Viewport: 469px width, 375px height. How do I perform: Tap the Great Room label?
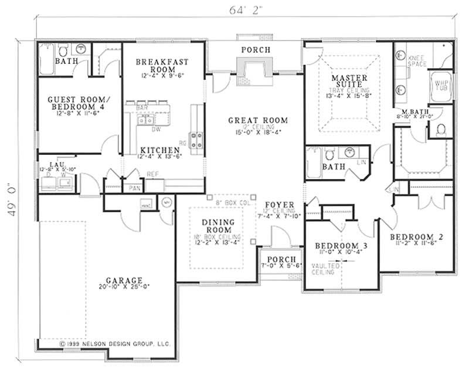click(258, 120)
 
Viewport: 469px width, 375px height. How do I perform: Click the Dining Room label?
click(218, 225)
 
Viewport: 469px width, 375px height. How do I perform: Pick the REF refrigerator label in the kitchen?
click(152, 174)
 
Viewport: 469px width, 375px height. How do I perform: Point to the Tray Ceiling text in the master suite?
click(349, 92)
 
